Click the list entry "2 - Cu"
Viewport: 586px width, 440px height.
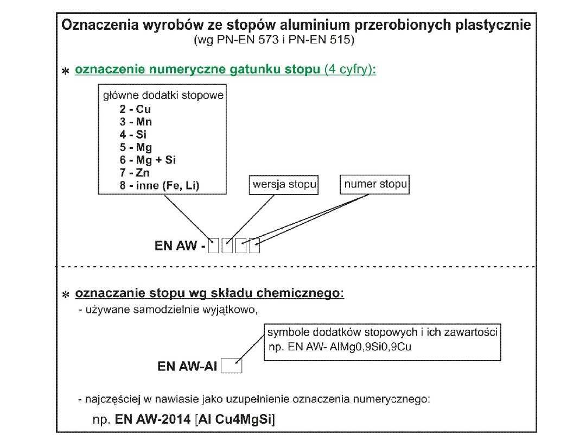(136, 109)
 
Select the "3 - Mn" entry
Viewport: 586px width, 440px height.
(136, 122)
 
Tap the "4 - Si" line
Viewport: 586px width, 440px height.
(133, 134)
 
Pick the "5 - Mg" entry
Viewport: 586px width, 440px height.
(136, 147)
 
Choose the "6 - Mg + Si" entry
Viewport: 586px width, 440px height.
(148, 160)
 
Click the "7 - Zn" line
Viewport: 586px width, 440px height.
(135, 173)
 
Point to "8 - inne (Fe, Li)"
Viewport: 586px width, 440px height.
(160, 186)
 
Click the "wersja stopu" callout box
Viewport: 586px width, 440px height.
(284, 184)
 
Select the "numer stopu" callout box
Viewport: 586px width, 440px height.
(375, 184)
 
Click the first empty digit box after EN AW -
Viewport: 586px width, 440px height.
(214, 246)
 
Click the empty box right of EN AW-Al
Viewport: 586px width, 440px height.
(232, 366)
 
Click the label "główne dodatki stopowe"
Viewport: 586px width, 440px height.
(163, 96)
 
